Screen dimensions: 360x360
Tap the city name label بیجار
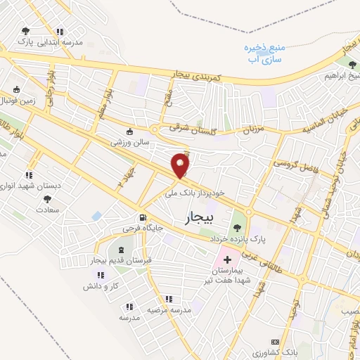click(x=202, y=219)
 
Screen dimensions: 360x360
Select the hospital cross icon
click(x=227, y=260)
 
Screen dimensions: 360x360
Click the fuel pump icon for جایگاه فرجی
click(x=143, y=218)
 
